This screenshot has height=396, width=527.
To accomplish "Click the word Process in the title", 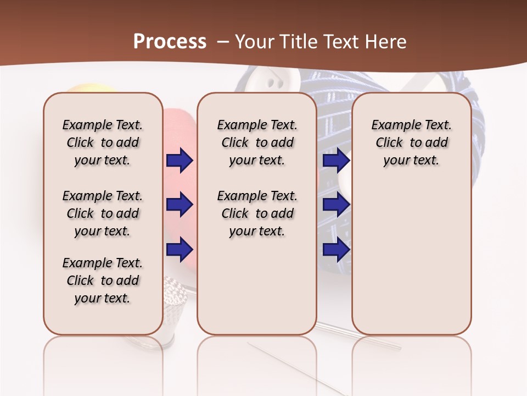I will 170,41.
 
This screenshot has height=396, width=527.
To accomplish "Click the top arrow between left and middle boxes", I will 180,160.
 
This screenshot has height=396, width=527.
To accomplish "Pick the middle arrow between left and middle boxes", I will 180,205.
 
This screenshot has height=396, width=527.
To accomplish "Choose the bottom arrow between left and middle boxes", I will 180,249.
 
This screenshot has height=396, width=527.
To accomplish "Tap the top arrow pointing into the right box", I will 336,160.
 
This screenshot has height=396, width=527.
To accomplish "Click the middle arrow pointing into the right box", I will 336,205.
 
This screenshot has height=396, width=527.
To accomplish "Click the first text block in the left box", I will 103,142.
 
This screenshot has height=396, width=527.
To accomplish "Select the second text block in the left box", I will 103,213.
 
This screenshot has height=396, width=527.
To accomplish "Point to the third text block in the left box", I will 103,280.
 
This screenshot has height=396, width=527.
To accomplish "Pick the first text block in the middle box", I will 257,142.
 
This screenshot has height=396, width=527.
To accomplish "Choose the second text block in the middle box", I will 257,213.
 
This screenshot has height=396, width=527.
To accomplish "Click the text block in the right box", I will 411,142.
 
